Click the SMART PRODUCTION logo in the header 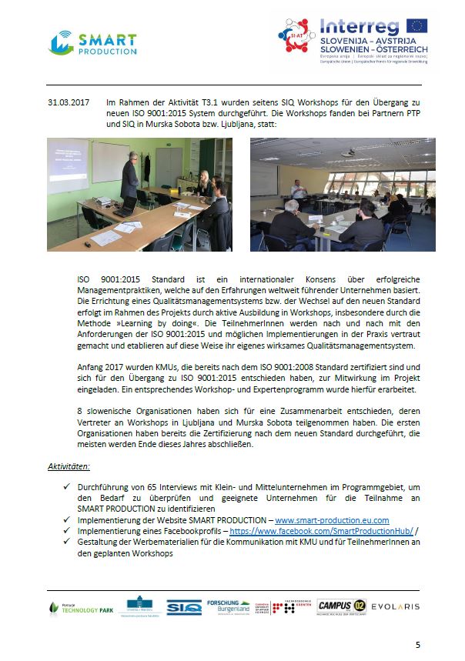pyautogui.click(x=92, y=43)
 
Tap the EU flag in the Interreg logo pyautogui.click(x=416, y=26)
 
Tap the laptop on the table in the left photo pyautogui.click(x=125, y=206)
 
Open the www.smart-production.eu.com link pyautogui.click(x=332, y=521)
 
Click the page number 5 pyautogui.click(x=418, y=644)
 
